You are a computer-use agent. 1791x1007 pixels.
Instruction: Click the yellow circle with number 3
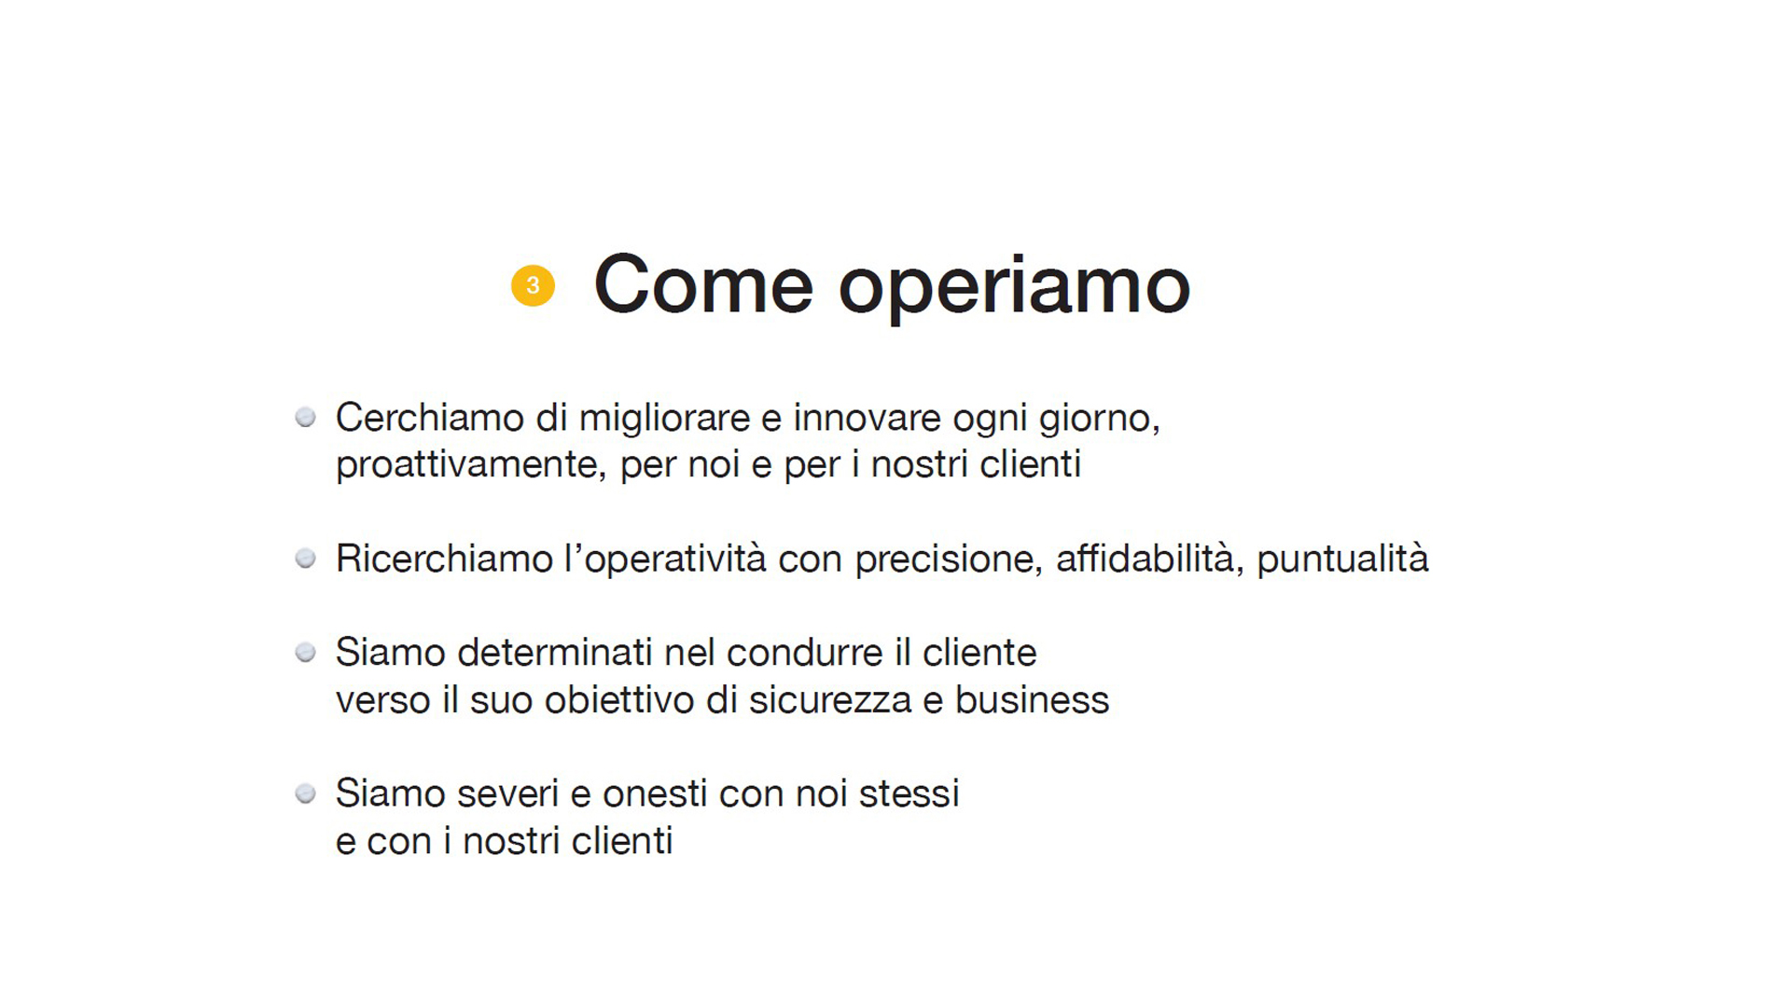(x=533, y=285)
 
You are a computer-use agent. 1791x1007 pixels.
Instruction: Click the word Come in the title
(x=703, y=284)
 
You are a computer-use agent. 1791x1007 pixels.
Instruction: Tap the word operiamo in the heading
(x=1014, y=287)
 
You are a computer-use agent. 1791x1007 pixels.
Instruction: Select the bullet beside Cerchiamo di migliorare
(x=305, y=417)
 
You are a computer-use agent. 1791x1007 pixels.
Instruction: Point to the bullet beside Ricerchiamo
(x=305, y=559)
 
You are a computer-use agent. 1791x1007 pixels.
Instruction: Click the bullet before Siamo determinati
(x=305, y=652)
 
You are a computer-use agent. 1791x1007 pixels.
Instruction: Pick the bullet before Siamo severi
(x=305, y=793)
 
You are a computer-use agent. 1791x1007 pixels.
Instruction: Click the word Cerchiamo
(x=430, y=418)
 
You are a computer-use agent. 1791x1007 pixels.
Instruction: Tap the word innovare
(x=868, y=418)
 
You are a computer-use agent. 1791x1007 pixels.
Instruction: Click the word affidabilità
(x=1146, y=559)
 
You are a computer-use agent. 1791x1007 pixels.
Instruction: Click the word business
(x=1032, y=700)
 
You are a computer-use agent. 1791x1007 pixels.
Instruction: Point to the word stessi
(x=909, y=794)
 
